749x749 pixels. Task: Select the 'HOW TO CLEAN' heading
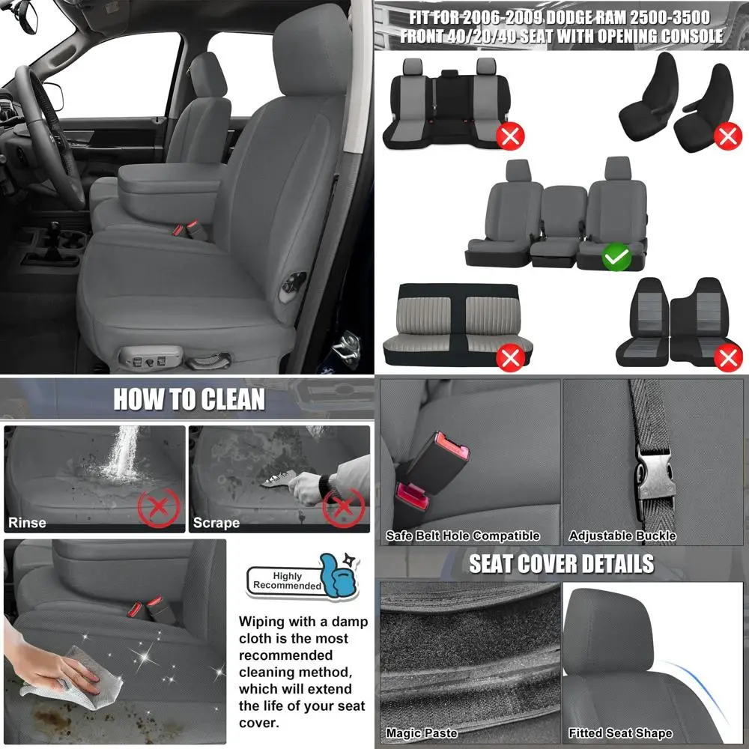tap(189, 399)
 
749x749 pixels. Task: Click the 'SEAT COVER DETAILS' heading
tap(561, 563)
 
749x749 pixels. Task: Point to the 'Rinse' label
tap(27, 523)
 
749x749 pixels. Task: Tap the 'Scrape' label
tap(216, 523)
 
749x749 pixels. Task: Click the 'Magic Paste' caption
tap(421, 733)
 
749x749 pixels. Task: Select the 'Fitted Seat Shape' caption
tap(620, 733)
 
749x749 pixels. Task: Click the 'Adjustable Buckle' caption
tap(622, 536)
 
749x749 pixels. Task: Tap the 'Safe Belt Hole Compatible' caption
tap(462, 536)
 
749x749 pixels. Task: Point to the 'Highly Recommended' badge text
tap(287, 580)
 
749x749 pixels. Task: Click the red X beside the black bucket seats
tap(727, 136)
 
